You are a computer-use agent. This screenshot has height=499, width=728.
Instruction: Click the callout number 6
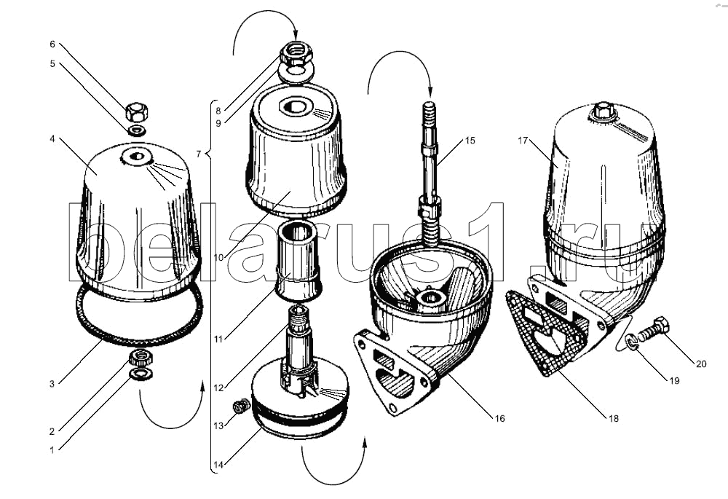[52, 44]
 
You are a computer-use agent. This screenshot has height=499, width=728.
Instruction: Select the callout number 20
[700, 364]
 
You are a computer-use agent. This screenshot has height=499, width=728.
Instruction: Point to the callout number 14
[217, 463]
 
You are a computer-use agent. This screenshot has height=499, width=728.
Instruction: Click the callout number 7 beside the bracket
[198, 154]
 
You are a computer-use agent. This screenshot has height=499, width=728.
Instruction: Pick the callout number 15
[470, 140]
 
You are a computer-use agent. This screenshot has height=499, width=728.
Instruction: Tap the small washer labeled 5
[135, 131]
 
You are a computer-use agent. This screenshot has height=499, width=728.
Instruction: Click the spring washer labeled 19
[634, 339]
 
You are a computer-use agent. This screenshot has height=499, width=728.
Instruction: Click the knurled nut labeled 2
[139, 358]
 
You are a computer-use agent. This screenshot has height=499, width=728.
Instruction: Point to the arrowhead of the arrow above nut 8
[296, 36]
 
